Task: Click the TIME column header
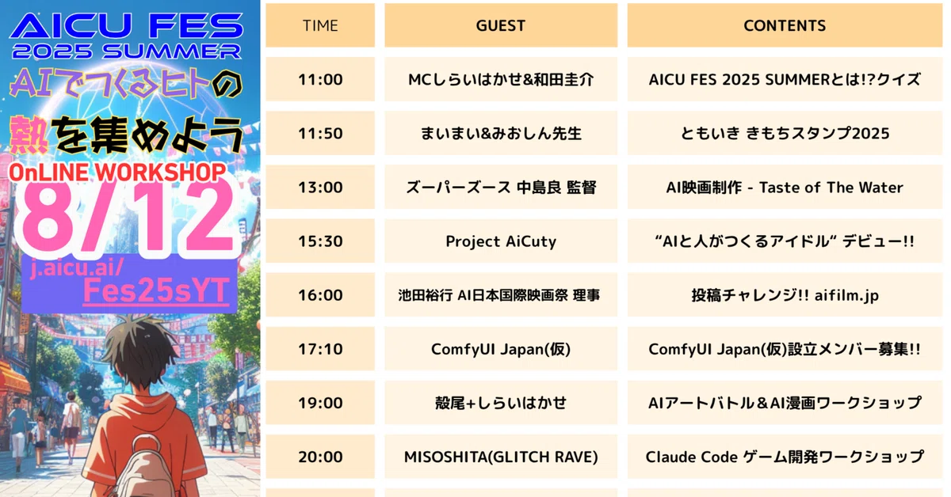(320, 25)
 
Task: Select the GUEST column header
(500, 25)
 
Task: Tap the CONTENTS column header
(785, 25)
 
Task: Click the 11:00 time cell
(320, 79)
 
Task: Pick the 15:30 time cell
(320, 241)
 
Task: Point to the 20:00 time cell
(320, 457)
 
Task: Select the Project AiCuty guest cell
(500, 241)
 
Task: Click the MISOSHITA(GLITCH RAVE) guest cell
(500, 457)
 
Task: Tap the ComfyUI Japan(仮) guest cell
(500, 349)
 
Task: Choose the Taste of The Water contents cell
(785, 188)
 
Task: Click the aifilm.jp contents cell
(785, 295)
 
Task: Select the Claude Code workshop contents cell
(785, 457)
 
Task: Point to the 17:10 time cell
(320, 349)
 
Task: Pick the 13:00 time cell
(320, 188)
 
